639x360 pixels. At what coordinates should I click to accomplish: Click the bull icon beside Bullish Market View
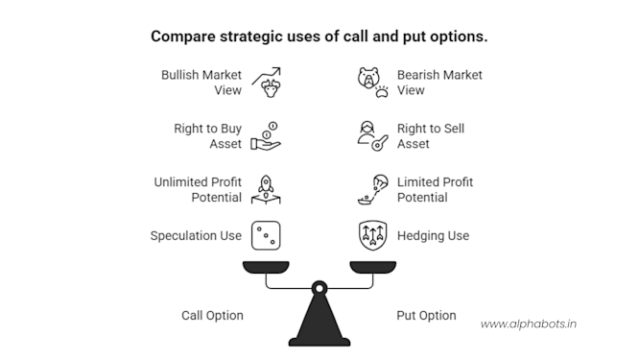[x=268, y=83]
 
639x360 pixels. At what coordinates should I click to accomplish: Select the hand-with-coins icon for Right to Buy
[x=268, y=136]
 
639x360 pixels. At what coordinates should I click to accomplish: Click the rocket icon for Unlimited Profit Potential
[x=268, y=189]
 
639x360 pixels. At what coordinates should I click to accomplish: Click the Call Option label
[x=212, y=315]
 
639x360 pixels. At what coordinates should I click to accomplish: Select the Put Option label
[x=426, y=315]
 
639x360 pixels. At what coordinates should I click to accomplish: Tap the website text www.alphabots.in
[x=528, y=324]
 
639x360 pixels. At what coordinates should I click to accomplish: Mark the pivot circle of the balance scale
[x=319, y=286]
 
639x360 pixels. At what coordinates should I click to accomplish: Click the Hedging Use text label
[x=434, y=235]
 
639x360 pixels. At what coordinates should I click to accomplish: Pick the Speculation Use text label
[x=196, y=235]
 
